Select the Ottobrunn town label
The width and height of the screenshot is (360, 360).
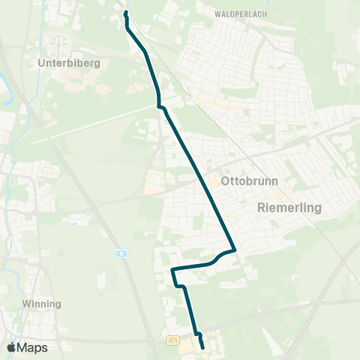click(244, 181)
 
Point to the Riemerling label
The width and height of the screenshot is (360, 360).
click(289, 207)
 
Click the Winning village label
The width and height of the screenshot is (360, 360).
click(43, 304)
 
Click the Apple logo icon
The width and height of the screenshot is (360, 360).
click(11, 347)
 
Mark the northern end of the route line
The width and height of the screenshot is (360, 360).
click(124, 13)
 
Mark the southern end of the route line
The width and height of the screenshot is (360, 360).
click(202, 347)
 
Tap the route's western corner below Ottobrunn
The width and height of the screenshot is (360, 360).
click(172, 269)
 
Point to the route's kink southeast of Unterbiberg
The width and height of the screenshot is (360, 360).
click(159, 106)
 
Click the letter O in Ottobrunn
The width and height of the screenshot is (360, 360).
click(225, 181)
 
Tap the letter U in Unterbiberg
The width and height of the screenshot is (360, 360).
click(41, 63)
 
